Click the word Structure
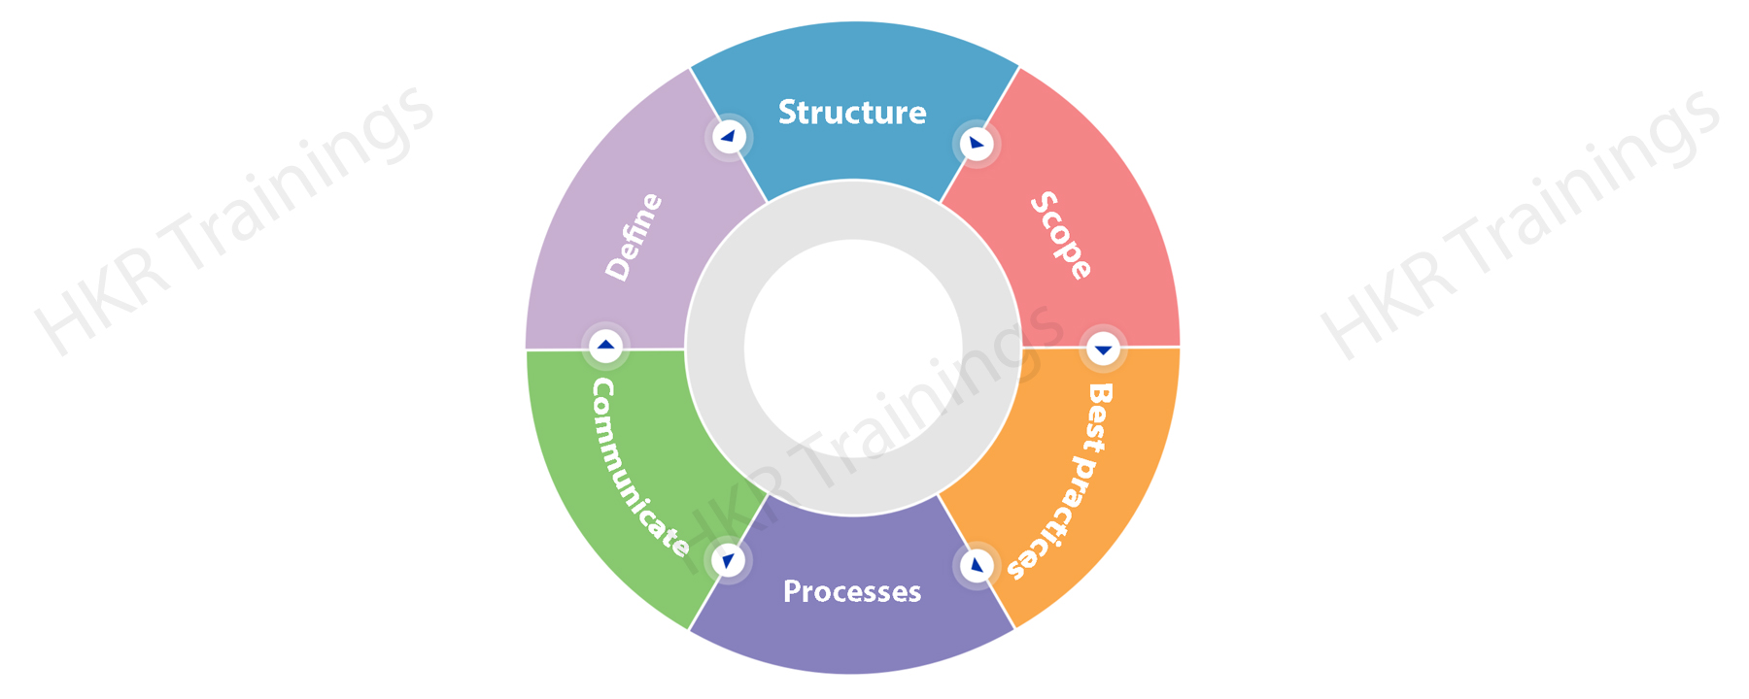tap(852, 113)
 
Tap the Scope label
tap(1061, 236)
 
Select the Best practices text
tap(1062, 482)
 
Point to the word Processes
tap(852, 591)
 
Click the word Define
tap(634, 237)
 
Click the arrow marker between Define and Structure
tap(729, 137)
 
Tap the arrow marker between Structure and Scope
tap(977, 144)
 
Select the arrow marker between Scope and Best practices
tap(1103, 349)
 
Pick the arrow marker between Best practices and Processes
tap(977, 565)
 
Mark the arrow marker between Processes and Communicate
tap(729, 560)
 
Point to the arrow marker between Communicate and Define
tap(605, 345)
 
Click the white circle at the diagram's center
tap(853, 349)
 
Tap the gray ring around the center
tap(853, 210)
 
